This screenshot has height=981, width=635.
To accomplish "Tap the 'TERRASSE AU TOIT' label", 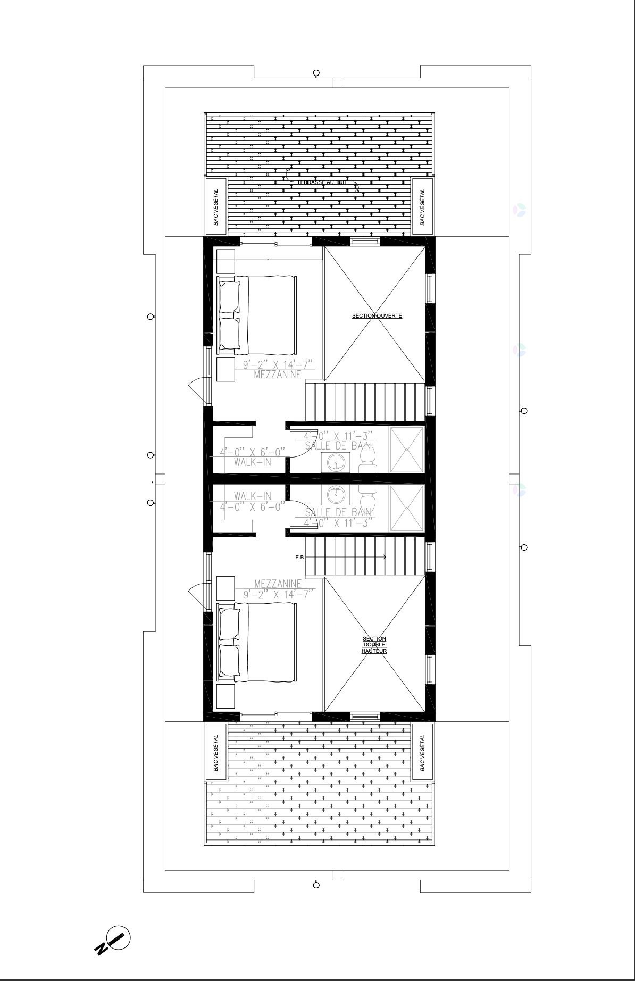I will click(x=322, y=182).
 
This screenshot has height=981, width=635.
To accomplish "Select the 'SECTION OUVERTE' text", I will click(x=377, y=316).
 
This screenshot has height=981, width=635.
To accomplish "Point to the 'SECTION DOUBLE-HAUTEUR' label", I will click(x=374, y=645).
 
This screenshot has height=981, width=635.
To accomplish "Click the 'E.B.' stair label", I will click(x=300, y=558).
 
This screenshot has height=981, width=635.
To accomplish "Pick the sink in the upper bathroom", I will click(x=336, y=462).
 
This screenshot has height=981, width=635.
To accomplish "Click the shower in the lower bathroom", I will click(x=407, y=508).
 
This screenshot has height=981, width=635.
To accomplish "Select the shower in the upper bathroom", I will click(x=407, y=450).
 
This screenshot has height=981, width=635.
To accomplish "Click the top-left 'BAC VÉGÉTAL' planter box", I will click(x=216, y=206).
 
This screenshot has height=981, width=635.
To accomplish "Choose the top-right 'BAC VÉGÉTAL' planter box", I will click(x=422, y=206).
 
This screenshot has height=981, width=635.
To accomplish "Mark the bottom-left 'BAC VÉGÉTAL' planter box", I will click(x=216, y=752).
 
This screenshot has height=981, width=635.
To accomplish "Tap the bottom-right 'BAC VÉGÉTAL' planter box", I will click(x=422, y=752).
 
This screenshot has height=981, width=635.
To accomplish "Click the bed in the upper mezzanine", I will click(x=257, y=315).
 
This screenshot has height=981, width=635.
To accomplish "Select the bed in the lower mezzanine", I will click(x=257, y=643).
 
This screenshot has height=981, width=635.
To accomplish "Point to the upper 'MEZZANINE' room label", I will click(x=277, y=375).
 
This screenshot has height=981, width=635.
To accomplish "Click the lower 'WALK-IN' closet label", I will click(x=252, y=496).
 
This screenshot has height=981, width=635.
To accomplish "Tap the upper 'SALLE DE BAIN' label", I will click(x=338, y=446).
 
